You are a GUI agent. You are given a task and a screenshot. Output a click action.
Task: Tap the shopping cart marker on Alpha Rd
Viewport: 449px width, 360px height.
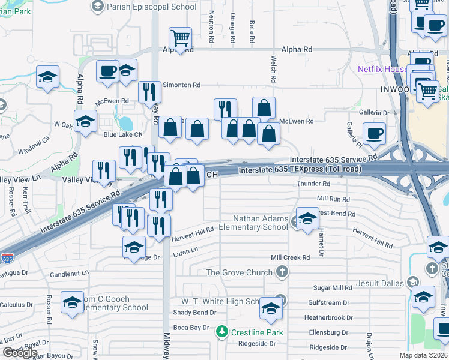pos(180,39)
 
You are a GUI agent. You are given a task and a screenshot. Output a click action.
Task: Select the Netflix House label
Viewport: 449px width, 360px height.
pos(382,69)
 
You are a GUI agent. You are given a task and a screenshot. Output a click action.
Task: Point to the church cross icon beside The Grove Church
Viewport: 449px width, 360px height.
pos(282,272)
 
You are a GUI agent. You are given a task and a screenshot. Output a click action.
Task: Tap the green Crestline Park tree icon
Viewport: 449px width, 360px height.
pos(221,332)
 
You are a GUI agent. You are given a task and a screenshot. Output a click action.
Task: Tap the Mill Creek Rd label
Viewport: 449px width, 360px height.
pos(290,257)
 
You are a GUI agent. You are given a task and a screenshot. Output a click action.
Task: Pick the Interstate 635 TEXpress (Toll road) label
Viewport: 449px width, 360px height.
pos(300,170)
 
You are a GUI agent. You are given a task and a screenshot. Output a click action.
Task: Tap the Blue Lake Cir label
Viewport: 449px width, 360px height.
pos(122,134)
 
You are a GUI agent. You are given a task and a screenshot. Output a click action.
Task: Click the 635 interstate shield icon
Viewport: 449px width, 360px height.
pos(7,259)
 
